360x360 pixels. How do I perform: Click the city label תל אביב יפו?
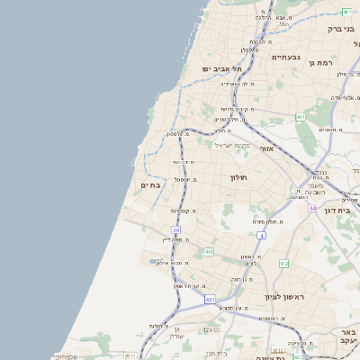tap(221, 68)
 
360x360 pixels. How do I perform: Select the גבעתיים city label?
tap(285, 56)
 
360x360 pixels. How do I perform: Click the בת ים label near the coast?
tap(150, 185)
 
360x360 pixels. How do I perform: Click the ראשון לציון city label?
tap(285, 296)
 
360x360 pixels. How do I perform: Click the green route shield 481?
tap(346, 12)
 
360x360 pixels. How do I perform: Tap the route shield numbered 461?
tap(300, 117)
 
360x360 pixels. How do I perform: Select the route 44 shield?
tap(312, 208)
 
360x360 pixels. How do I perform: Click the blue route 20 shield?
tap(176, 230)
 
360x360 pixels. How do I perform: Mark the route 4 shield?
tap(261, 234)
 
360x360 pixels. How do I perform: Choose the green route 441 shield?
tap(208, 252)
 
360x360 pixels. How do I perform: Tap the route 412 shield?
tap(283, 263)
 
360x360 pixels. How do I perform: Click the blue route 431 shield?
tap(210, 299)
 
